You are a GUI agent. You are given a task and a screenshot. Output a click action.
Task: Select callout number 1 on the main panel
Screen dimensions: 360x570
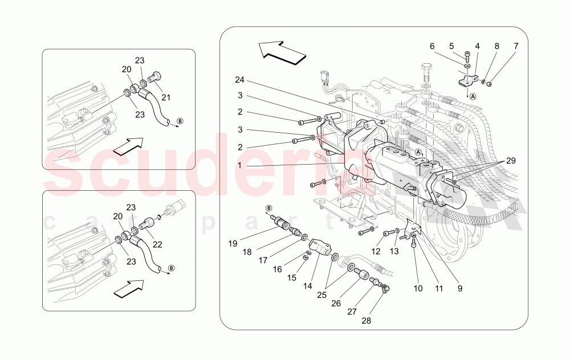(x=241, y=166)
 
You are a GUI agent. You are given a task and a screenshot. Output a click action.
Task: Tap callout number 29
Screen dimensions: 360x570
(x=511, y=161)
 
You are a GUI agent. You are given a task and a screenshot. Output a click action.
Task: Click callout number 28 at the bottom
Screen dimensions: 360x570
(x=365, y=321)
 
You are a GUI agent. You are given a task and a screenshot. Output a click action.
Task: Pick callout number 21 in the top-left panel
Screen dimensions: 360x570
(x=166, y=97)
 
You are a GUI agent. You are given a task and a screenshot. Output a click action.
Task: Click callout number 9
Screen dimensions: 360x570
(x=458, y=288)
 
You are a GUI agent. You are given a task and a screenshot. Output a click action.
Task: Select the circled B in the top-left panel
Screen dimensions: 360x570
(x=180, y=121)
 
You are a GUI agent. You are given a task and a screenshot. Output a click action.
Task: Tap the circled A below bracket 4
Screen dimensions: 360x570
(x=473, y=96)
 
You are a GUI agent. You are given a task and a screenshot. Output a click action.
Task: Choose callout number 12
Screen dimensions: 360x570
(x=376, y=251)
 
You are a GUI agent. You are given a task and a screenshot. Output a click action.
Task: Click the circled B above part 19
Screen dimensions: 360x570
(x=269, y=208)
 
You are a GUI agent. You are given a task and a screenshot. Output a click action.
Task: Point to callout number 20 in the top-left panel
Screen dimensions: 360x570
(x=126, y=69)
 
